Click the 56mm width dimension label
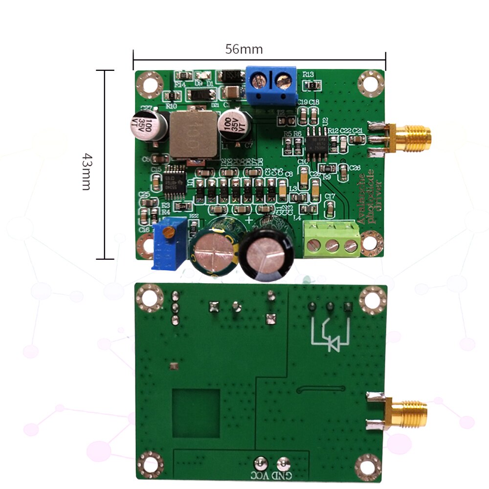tap(244, 49)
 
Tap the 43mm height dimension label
tap(86, 171)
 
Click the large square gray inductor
tap(193, 134)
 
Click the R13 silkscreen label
tap(308, 74)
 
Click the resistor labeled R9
tap(326, 177)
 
